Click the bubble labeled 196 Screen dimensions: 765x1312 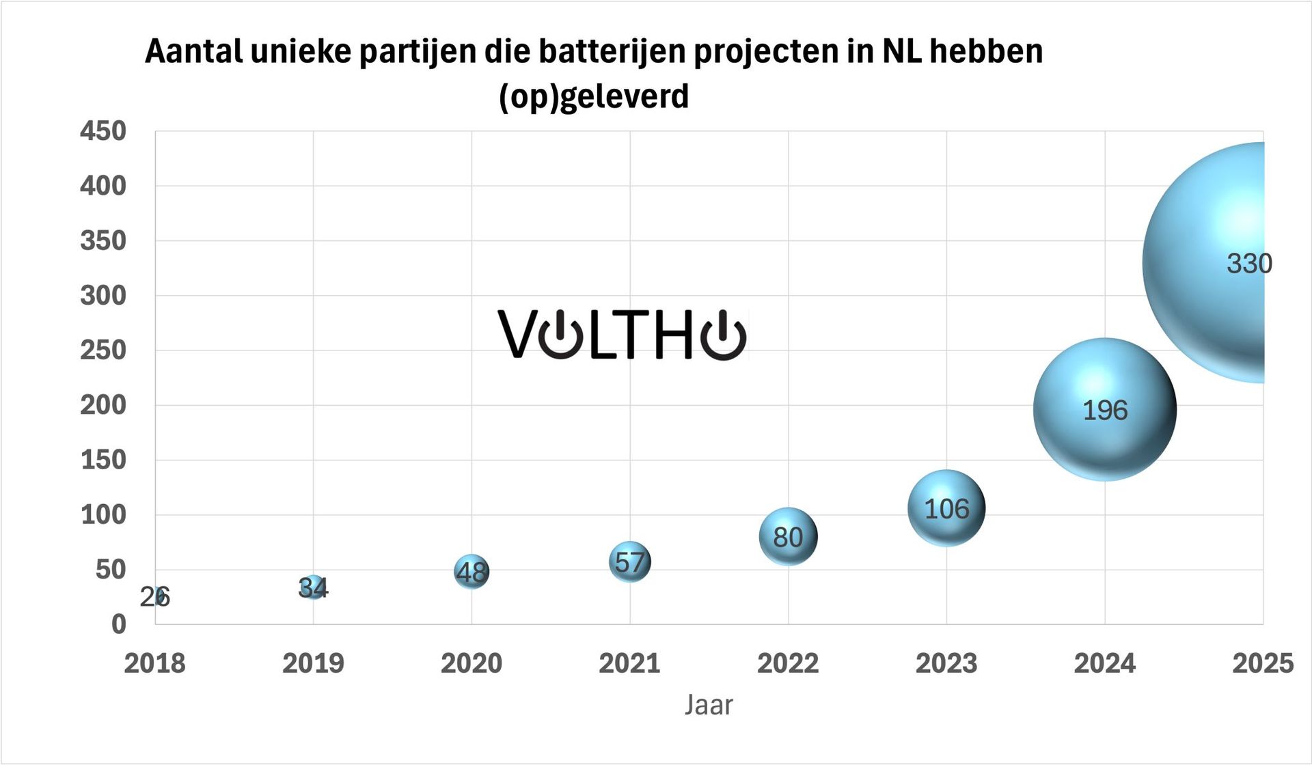pos(1104,409)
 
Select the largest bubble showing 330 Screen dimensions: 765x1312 pos(1206,263)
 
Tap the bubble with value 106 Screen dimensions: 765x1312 pos(946,508)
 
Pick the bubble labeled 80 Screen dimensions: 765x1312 pos(788,537)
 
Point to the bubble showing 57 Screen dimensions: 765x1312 pos(629,561)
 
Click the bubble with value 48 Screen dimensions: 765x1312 pos(471,572)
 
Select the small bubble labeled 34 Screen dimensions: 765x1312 pos(313,587)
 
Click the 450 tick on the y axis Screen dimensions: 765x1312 pos(103,131)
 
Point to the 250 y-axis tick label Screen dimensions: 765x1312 pos(103,350)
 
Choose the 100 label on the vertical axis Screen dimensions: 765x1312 pos(103,515)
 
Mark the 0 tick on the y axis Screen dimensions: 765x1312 pos(119,624)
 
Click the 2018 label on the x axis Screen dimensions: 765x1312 pos(154,663)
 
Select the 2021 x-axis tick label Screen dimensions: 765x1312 pos(629,663)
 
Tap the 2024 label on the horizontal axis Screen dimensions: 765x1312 pos(1104,663)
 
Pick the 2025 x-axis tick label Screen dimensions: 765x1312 pos(1262,663)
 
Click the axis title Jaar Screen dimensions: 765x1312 pos(709,705)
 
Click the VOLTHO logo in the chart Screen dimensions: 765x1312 pos(622,335)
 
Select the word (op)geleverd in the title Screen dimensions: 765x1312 pos(593,96)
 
